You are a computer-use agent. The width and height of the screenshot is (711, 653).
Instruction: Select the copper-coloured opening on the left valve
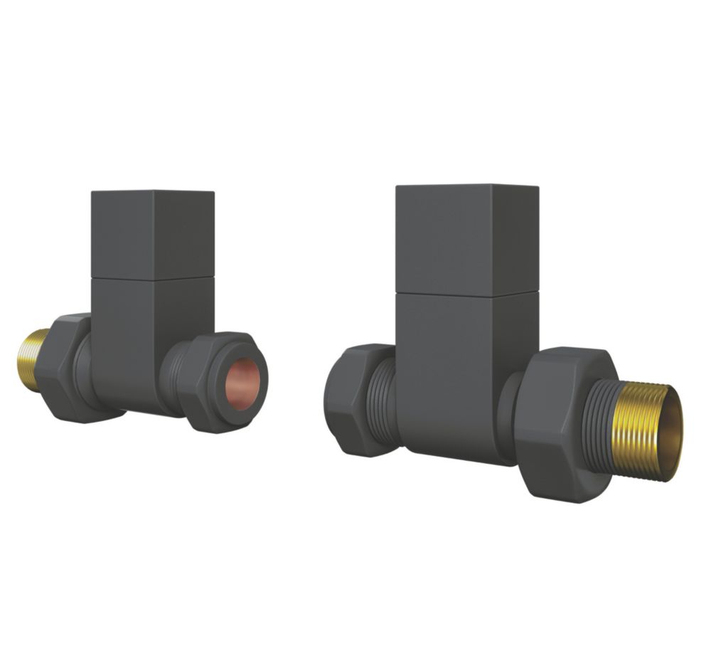242,384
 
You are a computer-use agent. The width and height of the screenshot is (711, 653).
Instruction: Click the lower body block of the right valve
455,370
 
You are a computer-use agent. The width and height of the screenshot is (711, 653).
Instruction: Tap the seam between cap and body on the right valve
466,293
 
